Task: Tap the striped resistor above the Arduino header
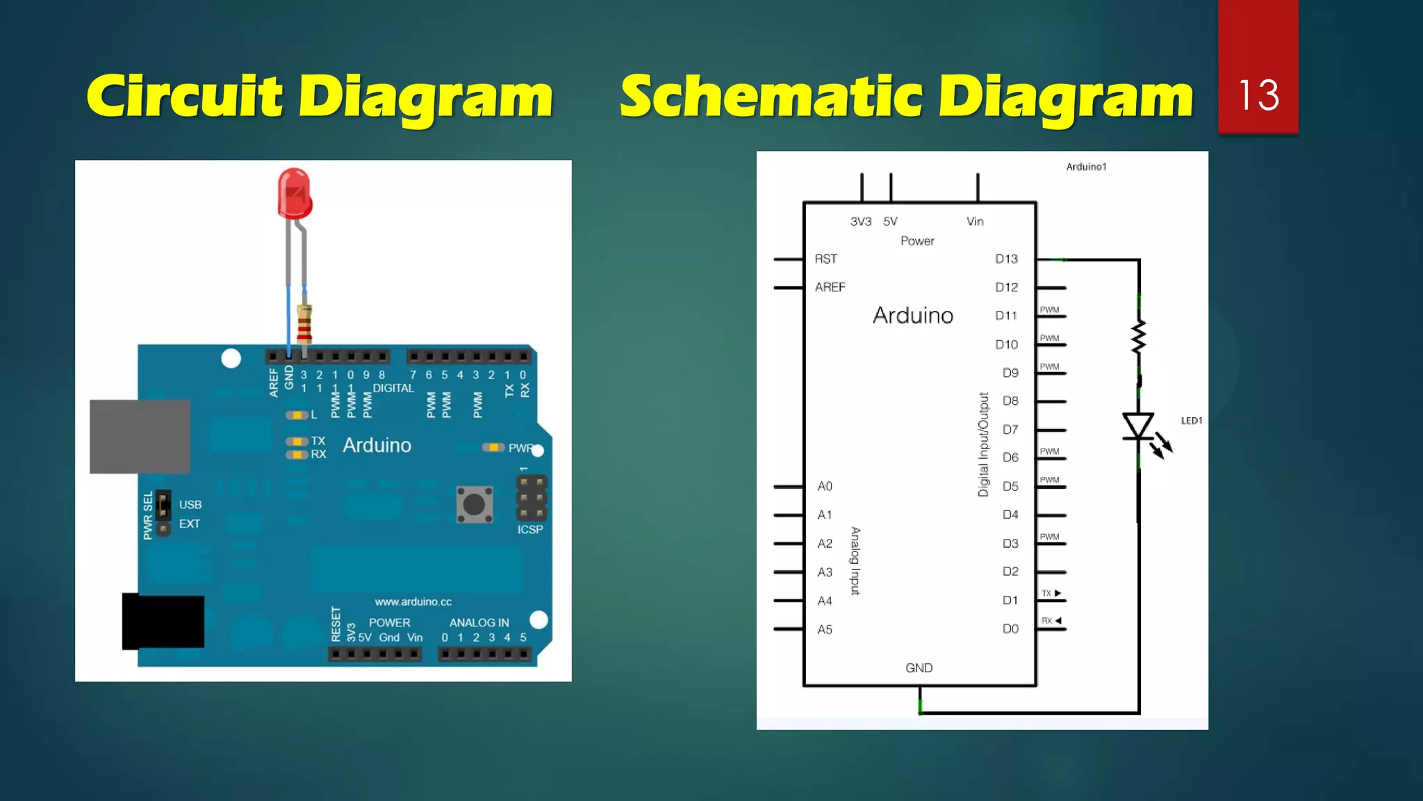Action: pyautogui.click(x=304, y=324)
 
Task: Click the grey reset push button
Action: pyautogui.click(x=475, y=504)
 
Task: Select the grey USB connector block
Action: pyautogui.click(x=140, y=437)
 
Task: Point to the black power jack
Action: pyautogui.click(x=164, y=621)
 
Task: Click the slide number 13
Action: pyautogui.click(x=1258, y=95)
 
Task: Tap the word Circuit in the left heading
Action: pyautogui.click(x=185, y=97)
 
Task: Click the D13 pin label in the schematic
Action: pyautogui.click(x=1006, y=259)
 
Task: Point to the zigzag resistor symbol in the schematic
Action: pyautogui.click(x=1138, y=338)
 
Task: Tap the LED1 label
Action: pyautogui.click(x=1192, y=421)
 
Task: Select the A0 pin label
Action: pyautogui.click(x=825, y=487)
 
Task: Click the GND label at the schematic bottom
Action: pyautogui.click(x=919, y=668)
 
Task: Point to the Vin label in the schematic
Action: pyautogui.click(x=975, y=222)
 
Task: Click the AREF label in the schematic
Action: pyautogui.click(x=830, y=287)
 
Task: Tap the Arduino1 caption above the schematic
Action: pyautogui.click(x=1086, y=167)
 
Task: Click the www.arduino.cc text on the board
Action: pyautogui.click(x=413, y=601)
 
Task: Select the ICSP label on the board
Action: pyautogui.click(x=530, y=530)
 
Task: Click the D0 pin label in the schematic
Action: pyautogui.click(x=1010, y=629)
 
